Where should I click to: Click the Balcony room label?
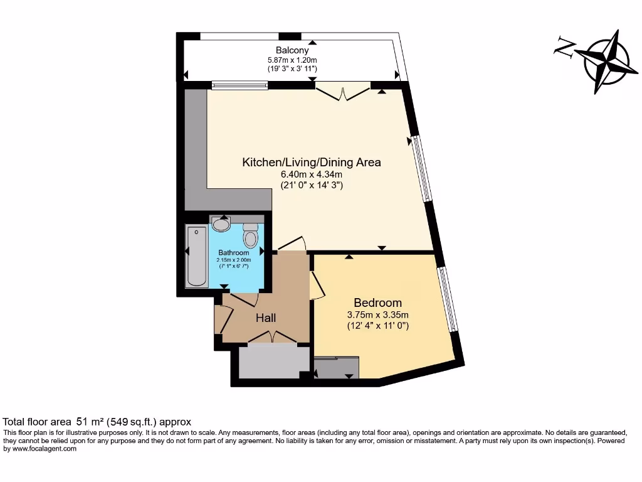click(x=292, y=50)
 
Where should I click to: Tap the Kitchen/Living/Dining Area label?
click(x=312, y=163)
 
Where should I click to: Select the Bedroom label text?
click(x=377, y=302)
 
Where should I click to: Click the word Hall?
click(x=266, y=318)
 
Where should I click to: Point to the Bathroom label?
click(x=234, y=253)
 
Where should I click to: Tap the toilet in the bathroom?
click(x=251, y=236)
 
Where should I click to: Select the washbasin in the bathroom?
click(x=221, y=223)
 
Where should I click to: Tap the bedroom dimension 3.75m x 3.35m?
click(x=377, y=314)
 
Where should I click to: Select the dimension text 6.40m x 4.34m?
click(x=312, y=174)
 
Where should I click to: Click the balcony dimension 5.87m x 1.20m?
click(x=292, y=60)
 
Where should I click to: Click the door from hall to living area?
click(x=291, y=244)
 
